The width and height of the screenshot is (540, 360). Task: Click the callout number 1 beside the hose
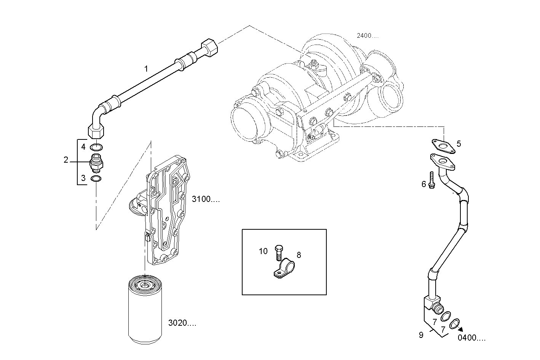coord(146,69)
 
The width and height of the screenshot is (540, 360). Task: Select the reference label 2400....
coord(367,36)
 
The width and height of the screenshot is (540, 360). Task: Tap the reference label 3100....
coord(206,199)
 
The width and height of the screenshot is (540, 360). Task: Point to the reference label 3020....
coord(182,323)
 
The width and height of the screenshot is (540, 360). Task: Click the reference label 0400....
coord(472,338)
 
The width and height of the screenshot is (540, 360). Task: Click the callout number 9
coord(421,335)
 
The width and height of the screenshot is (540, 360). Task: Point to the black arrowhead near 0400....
coord(460,330)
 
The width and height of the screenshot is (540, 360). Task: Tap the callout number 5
coord(459,144)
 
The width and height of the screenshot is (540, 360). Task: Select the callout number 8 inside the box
coord(299,255)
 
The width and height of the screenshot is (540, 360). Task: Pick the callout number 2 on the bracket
coord(66,160)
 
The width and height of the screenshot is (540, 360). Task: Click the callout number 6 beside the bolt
coord(423,184)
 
